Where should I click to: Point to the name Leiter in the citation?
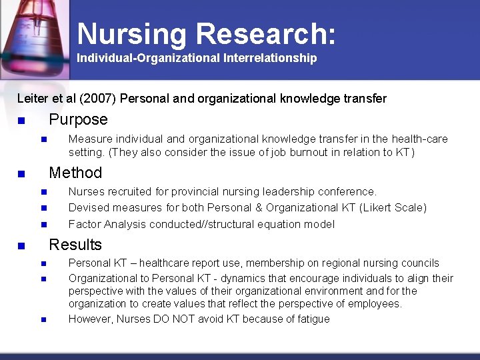click(x=33, y=99)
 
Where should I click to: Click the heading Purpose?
click(x=78, y=119)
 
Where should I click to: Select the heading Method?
click(x=75, y=173)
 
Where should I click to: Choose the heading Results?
click(x=75, y=245)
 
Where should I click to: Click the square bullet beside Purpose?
click(x=21, y=121)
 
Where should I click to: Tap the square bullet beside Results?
click(x=21, y=246)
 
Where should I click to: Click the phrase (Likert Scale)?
click(x=393, y=207)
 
